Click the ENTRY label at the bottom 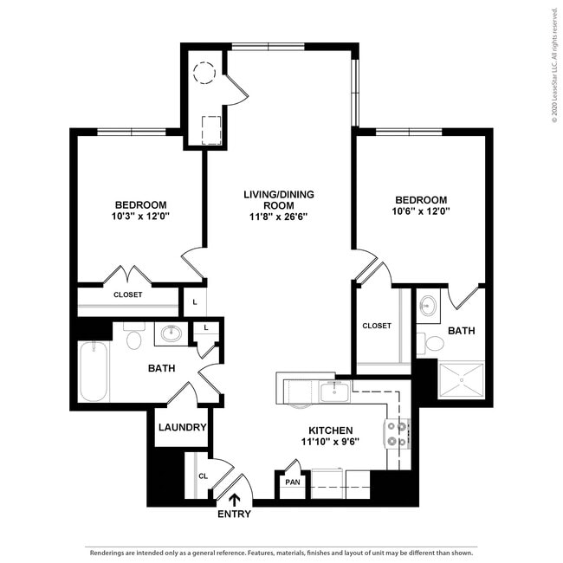click(x=234, y=514)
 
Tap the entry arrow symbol click(x=234, y=498)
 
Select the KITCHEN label click(x=330, y=430)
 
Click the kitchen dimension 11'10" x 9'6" click(x=330, y=442)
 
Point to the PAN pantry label click(x=292, y=482)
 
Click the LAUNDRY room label click(x=182, y=427)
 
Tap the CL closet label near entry click(x=203, y=476)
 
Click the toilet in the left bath click(x=133, y=339)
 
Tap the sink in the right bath click(x=428, y=305)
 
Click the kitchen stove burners click(x=397, y=433)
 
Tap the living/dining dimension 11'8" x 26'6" click(x=278, y=217)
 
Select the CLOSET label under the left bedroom click(x=128, y=294)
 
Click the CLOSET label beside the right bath click(x=376, y=326)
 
